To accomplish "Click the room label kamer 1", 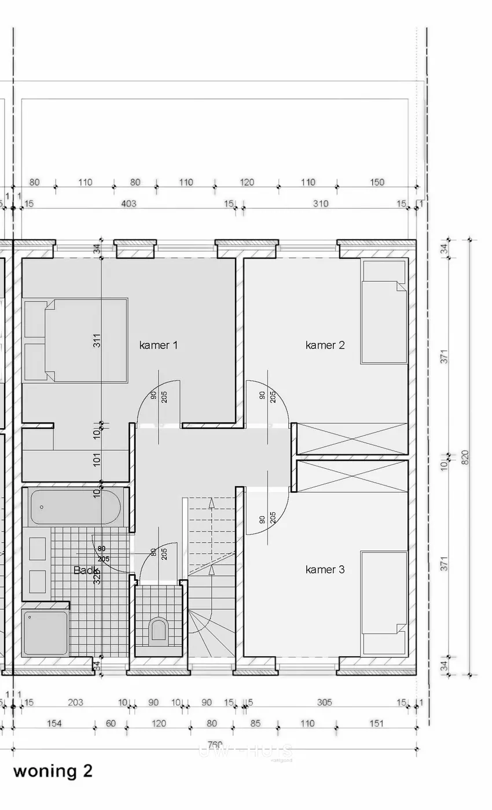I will [x=158, y=345].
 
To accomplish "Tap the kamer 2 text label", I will [x=325, y=345].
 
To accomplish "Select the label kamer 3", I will [x=325, y=570].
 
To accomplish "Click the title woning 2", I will [x=53, y=771].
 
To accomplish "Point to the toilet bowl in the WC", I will [x=158, y=631].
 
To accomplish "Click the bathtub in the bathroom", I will [x=75, y=507].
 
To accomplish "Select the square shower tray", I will [x=46, y=632].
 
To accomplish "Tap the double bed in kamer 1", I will [x=75, y=340].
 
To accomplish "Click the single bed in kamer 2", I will [x=384, y=312].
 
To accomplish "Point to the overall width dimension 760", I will [x=215, y=744].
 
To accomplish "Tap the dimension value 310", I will [x=320, y=204].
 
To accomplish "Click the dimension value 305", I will [x=324, y=702].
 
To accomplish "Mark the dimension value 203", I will [x=75, y=702].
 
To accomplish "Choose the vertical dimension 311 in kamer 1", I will [x=97, y=341].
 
